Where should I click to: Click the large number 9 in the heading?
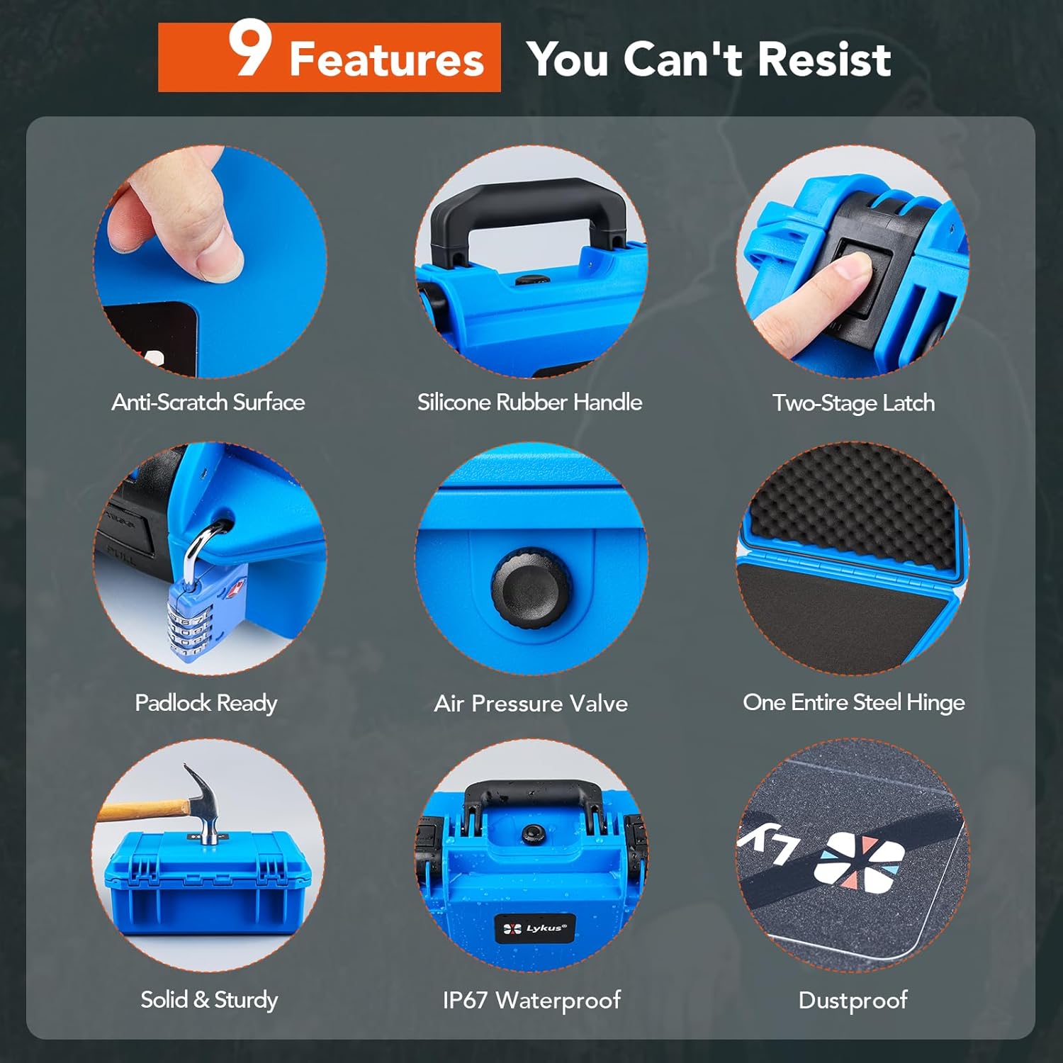pos(249,48)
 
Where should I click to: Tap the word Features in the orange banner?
pos(386,59)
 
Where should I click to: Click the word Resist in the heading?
pos(824,59)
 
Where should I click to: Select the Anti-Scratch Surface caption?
pos(208,403)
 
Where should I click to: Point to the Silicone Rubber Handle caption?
pos(529,403)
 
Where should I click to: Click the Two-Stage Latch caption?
pos(853,403)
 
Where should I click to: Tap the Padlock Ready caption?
pos(206,703)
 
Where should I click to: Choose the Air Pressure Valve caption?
pos(531,704)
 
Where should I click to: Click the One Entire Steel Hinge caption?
pos(853,702)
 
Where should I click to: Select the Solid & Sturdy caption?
pos(209,1000)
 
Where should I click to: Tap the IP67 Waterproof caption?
pos(531,1000)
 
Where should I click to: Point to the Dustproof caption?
pos(853,1001)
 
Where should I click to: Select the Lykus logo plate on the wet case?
pos(535,928)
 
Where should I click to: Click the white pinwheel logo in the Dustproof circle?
pos(859,859)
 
